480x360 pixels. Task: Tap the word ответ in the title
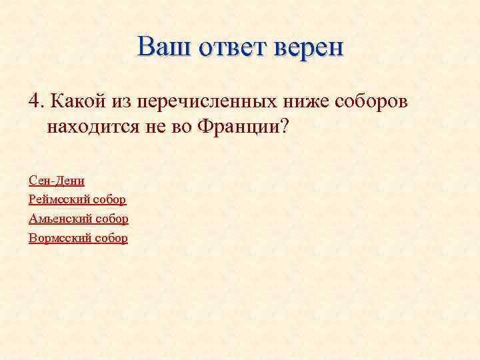pos(231,47)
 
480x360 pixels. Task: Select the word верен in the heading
pos(308,47)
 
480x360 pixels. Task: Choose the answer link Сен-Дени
pos(57,180)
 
